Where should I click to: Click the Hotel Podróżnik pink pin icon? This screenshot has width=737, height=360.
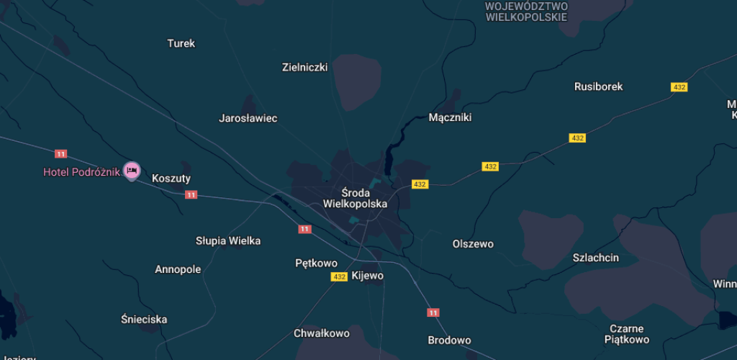coord(131,171)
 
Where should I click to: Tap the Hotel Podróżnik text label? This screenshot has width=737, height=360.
coord(81,172)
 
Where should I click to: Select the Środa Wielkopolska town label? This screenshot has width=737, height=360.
coord(355,198)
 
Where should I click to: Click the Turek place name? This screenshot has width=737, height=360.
coord(181,43)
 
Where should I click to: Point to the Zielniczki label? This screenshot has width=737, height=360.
coord(304,67)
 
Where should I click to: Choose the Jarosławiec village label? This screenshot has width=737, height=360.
coord(248,118)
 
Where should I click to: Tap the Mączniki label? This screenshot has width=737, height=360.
coord(450,117)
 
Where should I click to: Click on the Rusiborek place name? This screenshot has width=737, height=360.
coord(598,86)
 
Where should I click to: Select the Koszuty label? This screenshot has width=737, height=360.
coord(171,178)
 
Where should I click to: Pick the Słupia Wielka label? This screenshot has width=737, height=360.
coord(228,240)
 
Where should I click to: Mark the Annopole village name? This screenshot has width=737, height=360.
coord(178,269)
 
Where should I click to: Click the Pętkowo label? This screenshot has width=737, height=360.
coord(316,263)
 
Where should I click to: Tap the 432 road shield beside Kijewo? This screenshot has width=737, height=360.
coord(339,276)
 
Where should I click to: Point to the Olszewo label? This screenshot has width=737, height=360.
coord(473,244)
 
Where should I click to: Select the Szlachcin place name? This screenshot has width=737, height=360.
coord(595,258)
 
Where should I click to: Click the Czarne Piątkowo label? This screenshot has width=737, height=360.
coord(626,333)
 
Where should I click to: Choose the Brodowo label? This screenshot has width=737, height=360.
coord(449,340)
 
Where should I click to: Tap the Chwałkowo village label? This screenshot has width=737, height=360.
coord(321,333)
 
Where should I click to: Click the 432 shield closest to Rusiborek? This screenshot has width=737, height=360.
coord(679,87)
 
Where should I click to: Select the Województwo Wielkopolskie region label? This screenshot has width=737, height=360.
coord(526,12)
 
